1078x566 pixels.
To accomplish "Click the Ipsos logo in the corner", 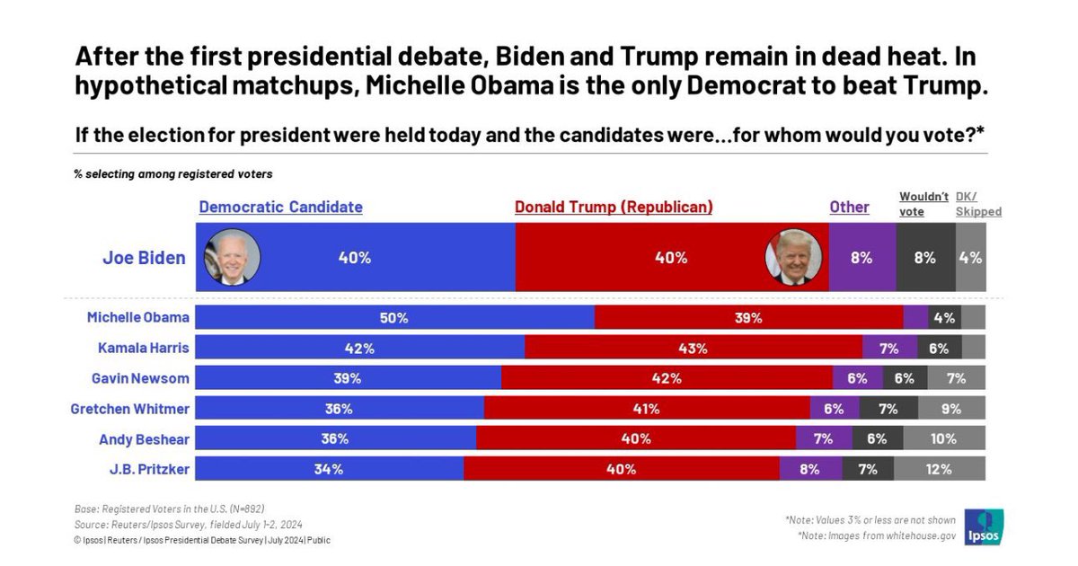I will (x=984, y=527).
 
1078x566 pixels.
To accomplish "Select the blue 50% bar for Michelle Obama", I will (x=394, y=317).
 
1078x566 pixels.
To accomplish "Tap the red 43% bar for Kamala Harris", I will (x=693, y=348).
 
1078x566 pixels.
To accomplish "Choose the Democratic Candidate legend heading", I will (x=280, y=207).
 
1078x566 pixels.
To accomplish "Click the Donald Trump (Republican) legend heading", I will (x=614, y=207).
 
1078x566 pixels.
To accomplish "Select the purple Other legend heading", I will (x=849, y=207).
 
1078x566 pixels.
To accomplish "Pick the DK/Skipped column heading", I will (x=976, y=204).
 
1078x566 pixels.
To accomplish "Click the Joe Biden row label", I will (x=144, y=258).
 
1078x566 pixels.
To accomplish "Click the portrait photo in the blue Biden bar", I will (x=233, y=257).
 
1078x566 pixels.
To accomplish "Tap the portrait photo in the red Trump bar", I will (x=792, y=257).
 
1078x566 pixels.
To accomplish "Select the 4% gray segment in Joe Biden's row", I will (x=970, y=258).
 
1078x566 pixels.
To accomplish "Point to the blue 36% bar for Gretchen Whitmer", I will (x=340, y=409).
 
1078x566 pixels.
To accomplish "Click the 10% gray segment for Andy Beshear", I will (x=944, y=438).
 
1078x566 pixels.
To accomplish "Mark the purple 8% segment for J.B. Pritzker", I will (x=810, y=468).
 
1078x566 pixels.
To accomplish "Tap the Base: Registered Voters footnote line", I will (x=169, y=508).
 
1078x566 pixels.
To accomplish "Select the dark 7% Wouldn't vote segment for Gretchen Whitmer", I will (x=888, y=409).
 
